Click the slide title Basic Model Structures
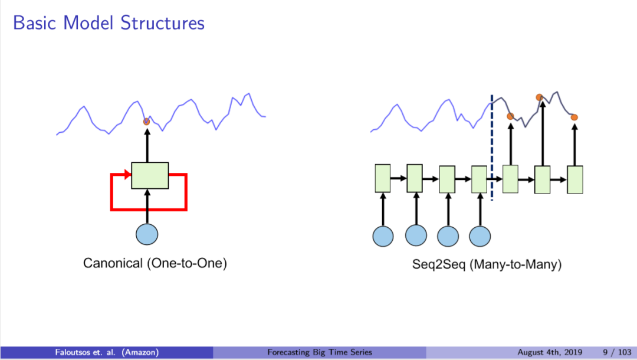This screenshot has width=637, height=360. click(x=109, y=23)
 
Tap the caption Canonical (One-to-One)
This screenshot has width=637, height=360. click(x=155, y=264)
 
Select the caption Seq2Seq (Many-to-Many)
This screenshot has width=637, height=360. click(x=487, y=264)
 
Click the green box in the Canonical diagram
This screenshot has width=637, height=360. click(x=150, y=175)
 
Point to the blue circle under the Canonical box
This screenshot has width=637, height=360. click(x=147, y=234)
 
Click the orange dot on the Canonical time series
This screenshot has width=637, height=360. click(x=147, y=122)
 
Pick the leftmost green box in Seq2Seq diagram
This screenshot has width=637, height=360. click(x=383, y=178)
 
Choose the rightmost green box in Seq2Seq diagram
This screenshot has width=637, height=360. click(x=575, y=179)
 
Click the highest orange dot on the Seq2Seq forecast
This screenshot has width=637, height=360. click(x=539, y=97)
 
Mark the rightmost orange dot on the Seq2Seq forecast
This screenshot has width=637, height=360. click(x=574, y=117)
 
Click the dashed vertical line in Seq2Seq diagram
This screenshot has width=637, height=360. click(x=491, y=148)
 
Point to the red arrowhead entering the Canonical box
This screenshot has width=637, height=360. click(x=127, y=174)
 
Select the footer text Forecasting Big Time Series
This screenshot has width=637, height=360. click(x=320, y=352)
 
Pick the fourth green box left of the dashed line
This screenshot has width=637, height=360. click(x=479, y=179)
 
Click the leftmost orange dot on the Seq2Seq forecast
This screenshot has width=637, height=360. click(x=510, y=116)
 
